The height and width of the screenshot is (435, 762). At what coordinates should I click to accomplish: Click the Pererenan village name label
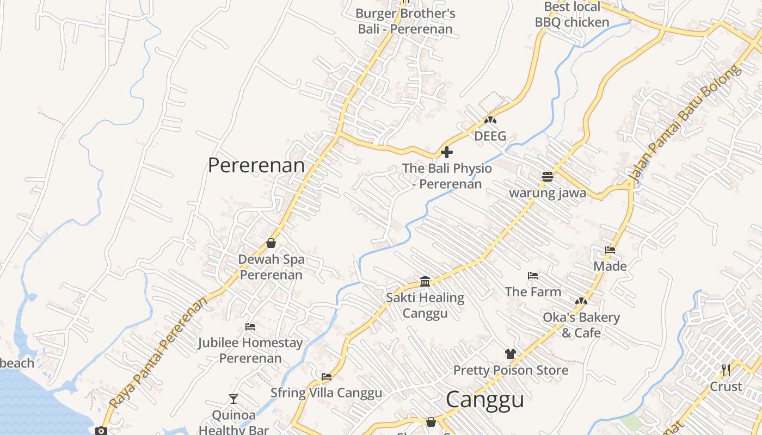pos(256,165)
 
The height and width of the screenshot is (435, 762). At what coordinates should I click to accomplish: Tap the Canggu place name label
pos(485,400)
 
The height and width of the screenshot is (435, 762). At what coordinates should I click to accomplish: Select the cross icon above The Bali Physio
pos(447,152)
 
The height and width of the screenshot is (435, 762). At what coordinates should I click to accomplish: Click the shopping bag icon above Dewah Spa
pos(271,243)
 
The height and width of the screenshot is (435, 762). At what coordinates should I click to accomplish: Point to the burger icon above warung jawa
pos(548,176)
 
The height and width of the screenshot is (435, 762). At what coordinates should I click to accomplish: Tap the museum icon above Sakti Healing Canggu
pos(425,281)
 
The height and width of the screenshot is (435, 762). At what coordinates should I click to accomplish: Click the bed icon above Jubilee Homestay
pos(250,327)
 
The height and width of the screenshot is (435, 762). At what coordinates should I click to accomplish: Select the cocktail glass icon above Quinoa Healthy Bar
pos(233,399)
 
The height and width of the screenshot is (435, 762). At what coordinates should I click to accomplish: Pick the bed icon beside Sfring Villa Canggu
pos(327,376)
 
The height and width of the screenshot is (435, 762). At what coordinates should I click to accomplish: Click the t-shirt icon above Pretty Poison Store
pos(510,354)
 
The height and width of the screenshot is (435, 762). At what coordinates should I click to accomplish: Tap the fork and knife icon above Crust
pos(726,370)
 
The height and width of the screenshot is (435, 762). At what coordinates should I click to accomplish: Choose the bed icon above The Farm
pos(533,276)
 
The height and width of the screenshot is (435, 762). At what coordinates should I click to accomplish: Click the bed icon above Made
pos(610,250)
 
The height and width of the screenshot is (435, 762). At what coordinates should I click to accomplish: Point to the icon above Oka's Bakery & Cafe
pos(581,301)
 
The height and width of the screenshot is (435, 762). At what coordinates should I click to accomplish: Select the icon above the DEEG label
pos(490,120)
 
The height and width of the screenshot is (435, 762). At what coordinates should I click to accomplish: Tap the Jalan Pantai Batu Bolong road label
pos(685,123)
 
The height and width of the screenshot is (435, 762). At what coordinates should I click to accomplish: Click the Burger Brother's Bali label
pos(405,21)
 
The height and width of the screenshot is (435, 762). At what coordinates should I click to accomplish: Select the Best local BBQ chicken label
pos(572,15)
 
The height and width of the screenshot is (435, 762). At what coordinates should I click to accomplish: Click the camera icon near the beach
pos(101,431)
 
